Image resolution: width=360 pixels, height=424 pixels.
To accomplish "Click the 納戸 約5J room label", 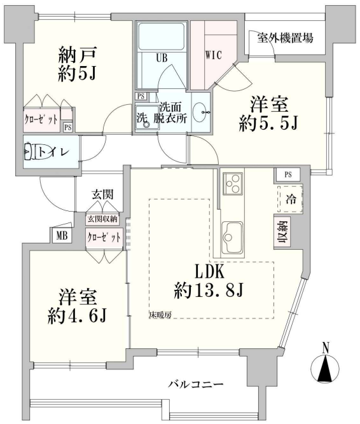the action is (78, 64).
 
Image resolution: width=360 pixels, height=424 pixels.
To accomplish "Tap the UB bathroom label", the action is (162, 58).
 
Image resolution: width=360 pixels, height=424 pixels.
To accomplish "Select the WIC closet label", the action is (214, 55).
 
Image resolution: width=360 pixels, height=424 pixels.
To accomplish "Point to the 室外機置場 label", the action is (285, 38).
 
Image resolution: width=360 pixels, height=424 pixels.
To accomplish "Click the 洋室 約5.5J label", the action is (268, 114).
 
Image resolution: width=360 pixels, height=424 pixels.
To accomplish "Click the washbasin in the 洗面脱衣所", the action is (201, 113).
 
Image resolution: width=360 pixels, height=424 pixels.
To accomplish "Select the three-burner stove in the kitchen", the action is (232, 184).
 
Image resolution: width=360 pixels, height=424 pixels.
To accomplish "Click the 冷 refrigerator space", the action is (290, 199).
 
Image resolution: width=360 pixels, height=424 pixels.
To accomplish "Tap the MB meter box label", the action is (62, 236).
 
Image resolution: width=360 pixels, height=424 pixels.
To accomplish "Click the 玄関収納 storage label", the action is (102, 219).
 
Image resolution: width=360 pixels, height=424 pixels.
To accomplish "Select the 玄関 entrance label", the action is (102, 195).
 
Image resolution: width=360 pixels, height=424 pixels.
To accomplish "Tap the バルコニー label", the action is (195, 384).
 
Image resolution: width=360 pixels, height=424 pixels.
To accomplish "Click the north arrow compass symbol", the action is (325, 367).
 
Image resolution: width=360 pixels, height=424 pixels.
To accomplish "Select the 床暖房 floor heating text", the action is (160, 315).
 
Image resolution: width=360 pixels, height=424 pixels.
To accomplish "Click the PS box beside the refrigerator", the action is (287, 175).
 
